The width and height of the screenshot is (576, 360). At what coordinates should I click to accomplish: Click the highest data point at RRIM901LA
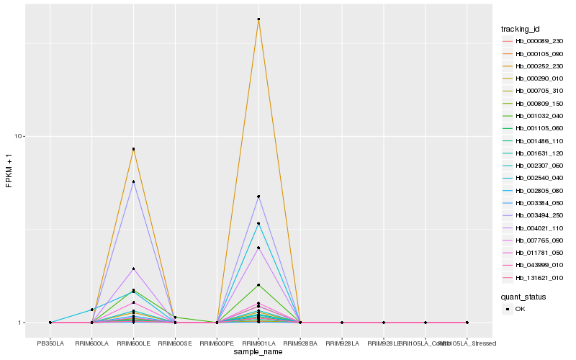pos(258,19)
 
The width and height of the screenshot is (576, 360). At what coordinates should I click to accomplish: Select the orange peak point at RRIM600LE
pos(133,149)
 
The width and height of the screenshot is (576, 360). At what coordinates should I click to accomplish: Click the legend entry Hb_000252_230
pos(534,66)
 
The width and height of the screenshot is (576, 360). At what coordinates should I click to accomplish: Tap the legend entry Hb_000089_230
pos(534,41)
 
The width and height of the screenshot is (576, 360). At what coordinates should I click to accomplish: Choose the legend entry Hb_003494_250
pos(534,215)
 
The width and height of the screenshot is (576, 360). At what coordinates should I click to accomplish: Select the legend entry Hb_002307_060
pos(534,166)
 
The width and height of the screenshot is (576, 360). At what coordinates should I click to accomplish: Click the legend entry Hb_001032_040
pos(534,115)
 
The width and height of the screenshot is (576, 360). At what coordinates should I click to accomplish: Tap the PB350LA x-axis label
pos(50,343)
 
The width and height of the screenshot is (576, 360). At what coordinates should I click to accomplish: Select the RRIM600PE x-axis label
pos(217,343)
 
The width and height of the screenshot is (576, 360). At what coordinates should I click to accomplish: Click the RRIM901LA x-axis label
pos(258,343)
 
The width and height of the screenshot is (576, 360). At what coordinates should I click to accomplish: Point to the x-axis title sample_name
pos(258,353)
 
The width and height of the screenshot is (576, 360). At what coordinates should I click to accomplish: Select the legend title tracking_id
pos(521,29)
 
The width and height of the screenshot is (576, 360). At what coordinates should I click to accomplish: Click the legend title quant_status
pos(523,296)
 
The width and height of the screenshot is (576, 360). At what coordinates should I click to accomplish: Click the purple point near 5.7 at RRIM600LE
pos(133,182)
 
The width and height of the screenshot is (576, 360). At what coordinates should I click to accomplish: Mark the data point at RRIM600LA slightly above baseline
pos(92,310)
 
